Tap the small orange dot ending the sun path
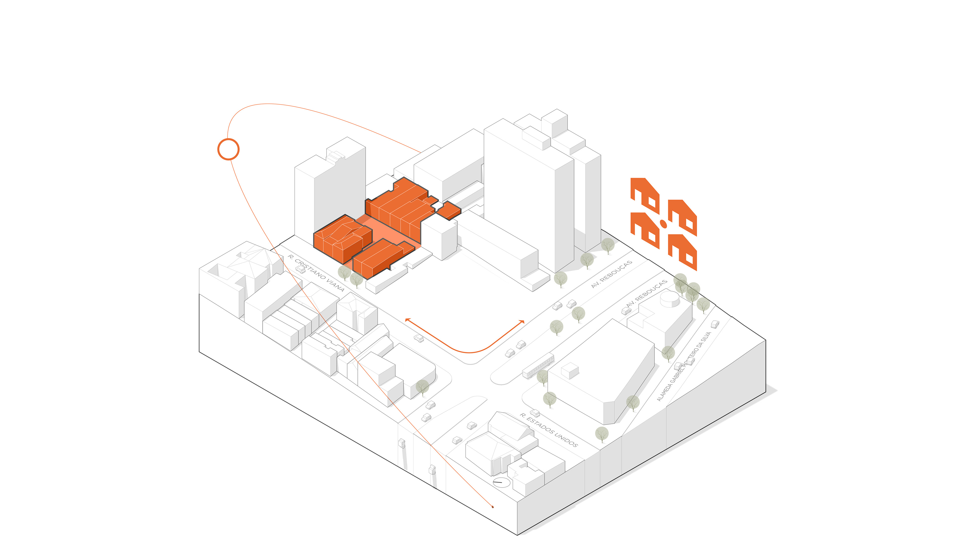(493, 507)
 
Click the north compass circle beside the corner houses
(501, 482)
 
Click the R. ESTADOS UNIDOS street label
(548, 430)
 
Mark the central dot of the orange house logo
(664, 224)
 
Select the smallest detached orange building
(449, 211)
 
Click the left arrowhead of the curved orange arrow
(407, 319)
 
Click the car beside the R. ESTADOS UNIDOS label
(535, 413)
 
